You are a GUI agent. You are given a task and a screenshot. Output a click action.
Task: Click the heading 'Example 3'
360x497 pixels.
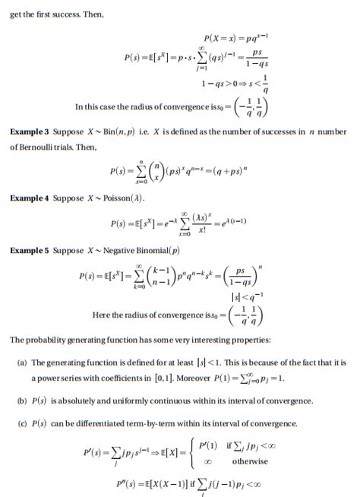click(29, 131)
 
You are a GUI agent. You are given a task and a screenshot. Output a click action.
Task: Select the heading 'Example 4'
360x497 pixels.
click(29, 198)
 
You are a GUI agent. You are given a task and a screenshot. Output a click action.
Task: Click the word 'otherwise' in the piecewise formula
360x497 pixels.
click(250, 461)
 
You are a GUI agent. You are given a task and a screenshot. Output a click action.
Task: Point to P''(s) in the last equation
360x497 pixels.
click(128, 483)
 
